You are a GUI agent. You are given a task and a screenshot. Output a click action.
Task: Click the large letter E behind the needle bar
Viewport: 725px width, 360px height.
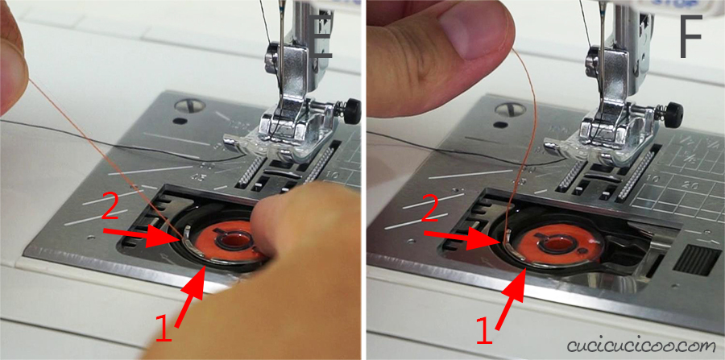click(x=323, y=36)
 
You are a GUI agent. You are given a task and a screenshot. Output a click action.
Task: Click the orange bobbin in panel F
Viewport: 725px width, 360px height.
click(x=559, y=242)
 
